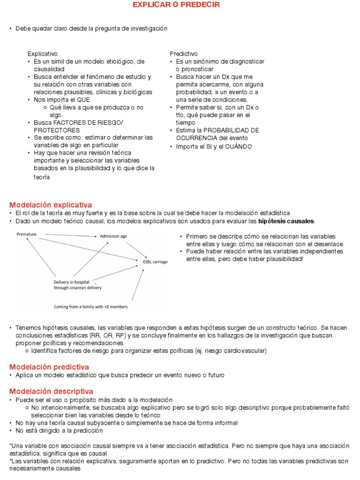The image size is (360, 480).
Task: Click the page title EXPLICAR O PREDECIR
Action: [176, 5]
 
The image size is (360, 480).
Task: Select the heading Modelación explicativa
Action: [51, 205]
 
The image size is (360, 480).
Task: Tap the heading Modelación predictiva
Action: [49, 367]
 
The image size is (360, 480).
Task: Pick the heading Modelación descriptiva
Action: [51, 391]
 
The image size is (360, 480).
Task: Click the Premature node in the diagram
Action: [26, 233]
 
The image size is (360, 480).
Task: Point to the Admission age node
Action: [113, 236]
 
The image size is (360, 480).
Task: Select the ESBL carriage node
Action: [155, 262]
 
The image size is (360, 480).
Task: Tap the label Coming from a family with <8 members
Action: [90, 307]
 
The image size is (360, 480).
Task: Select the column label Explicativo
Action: [43, 54]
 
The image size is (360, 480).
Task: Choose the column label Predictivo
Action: [183, 54]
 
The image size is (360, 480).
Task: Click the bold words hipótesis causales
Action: [286, 221]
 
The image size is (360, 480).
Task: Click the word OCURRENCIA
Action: [196, 138]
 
